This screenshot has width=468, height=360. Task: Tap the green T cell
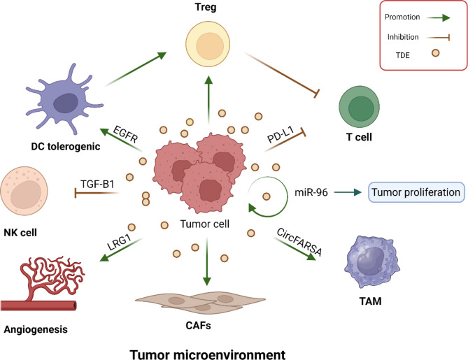pyautogui.click(x=359, y=107)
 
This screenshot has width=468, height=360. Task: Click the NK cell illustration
pyautogui.click(x=24, y=191)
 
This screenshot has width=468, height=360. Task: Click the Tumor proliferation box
pyautogui.click(x=416, y=192)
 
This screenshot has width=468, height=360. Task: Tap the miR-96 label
pyautogui.click(x=311, y=193)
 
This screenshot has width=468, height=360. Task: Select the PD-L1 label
pyautogui.click(x=281, y=134)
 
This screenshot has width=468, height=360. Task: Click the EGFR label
pyautogui.click(x=126, y=134)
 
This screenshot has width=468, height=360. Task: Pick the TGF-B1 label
pyautogui.click(x=97, y=184)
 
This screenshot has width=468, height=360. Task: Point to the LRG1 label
pyautogui.click(x=120, y=242)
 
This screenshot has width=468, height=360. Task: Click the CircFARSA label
pyautogui.click(x=299, y=242)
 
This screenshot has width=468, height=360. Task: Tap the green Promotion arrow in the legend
pyautogui.click(x=438, y=18)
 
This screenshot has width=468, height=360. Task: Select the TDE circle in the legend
pyautogui.click(x=435, y=53)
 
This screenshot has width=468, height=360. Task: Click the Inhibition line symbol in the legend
pyautogui.click(x=438, y=37)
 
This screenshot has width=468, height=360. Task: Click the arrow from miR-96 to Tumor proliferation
pyautogui.click(x=348, y=192)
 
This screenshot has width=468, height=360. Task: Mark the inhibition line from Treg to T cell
pyautogui.click(x=282, y=75)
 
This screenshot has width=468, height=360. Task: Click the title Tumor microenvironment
pyautogui.click(x=208, y=354)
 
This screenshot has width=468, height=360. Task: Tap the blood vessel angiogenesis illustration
pyautogui.click(x=42, y=283)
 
